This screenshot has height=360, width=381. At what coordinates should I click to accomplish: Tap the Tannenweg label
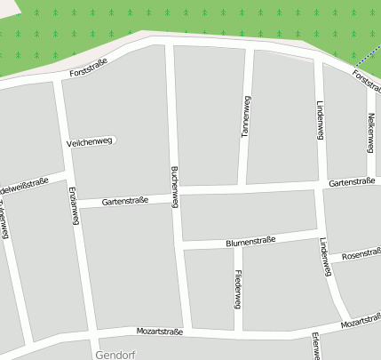[246, 116]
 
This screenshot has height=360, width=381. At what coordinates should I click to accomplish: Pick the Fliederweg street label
[238, 289]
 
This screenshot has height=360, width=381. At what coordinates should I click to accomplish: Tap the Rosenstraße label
[361, 255]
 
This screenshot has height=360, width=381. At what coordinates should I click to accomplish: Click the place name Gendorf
[114, 353]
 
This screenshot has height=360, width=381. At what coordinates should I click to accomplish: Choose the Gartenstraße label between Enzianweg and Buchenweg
[125, 202]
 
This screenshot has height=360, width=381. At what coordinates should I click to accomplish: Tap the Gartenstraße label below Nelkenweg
[351, 181]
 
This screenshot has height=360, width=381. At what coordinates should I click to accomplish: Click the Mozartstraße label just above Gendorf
[160, 332]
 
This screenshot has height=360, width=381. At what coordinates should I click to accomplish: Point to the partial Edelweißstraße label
[24, 185]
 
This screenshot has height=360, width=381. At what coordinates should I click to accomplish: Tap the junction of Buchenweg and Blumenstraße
[181, 244]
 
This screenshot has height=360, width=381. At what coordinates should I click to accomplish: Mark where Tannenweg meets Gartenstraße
[242, 188]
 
